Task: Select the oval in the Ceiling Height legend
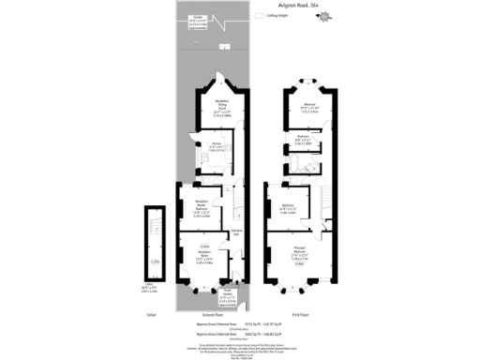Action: (x=259, y=16)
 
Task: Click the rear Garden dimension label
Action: (x=200, y=21)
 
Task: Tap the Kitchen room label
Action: (x=216, y=147)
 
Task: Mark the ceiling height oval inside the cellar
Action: (x=156, y=262)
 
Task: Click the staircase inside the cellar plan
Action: (x=156, y=231)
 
